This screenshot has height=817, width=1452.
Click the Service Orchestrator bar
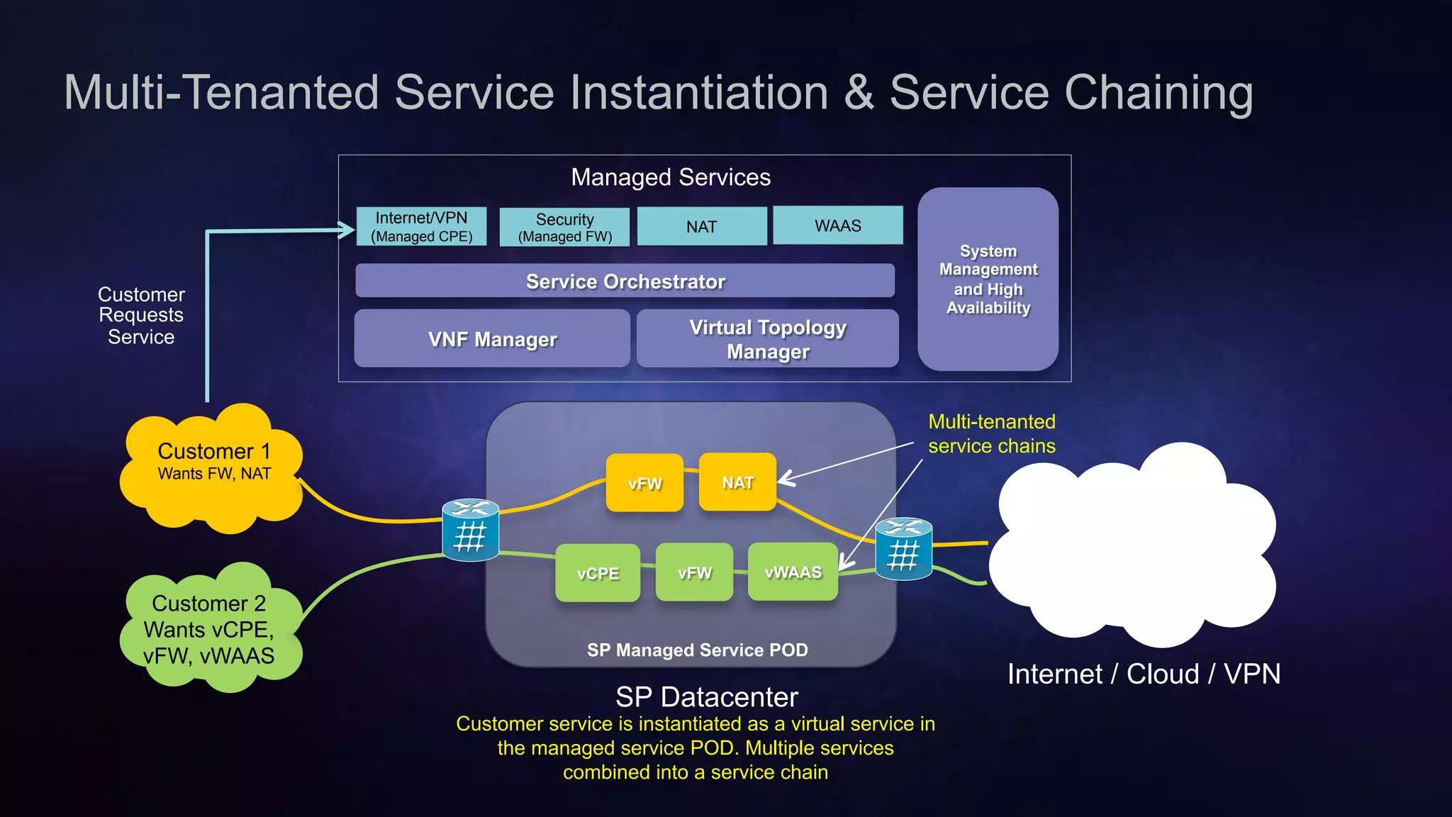click(625, 281)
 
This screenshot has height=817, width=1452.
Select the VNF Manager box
click(492, 339)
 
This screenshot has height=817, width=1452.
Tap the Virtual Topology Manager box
click(767, 339)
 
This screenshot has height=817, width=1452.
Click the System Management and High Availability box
click(988, 279)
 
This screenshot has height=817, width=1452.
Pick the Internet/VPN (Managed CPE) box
click(421, 227)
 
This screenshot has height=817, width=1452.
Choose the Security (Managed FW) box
click(564, 228)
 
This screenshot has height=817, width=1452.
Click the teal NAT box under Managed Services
click(701, 227)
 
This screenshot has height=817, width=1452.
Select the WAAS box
click(837, 226)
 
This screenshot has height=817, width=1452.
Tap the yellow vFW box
click(644, 484)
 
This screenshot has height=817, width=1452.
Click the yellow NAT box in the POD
click(737, 482)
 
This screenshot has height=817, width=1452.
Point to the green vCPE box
click(598, 573)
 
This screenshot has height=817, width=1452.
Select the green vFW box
click(694, 572)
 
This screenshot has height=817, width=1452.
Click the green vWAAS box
click(793, 572)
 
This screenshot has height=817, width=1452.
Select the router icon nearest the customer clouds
click(470, 530)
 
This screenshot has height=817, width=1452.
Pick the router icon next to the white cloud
click(903, 549)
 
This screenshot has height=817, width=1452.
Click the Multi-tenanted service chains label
click(991, 433)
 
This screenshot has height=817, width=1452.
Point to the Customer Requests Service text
click(141, 316)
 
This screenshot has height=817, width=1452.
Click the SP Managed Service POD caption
click(697, 650)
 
